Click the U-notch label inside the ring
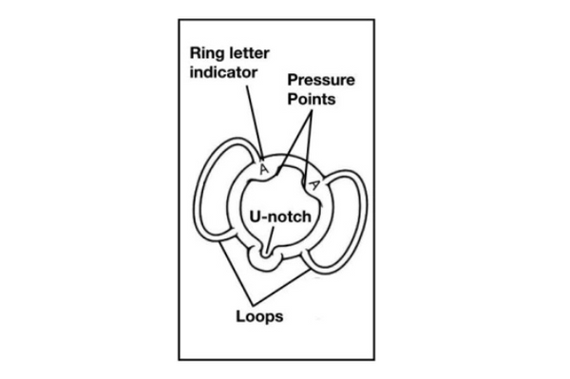pyautogui.click(x=282, y=217)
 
